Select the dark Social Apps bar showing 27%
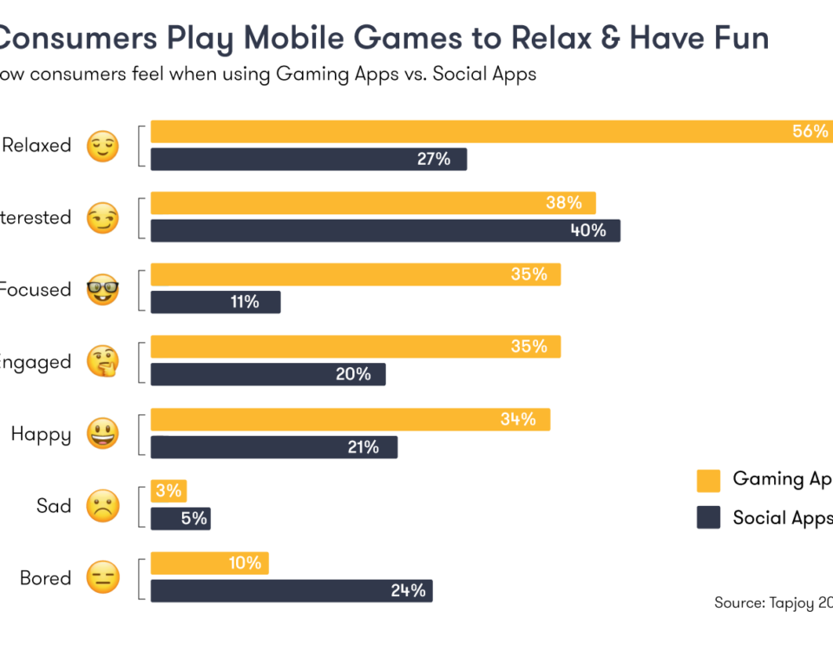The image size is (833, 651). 308,160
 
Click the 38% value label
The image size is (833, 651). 564,203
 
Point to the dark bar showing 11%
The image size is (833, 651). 215,302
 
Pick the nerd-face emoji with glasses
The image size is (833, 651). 102,290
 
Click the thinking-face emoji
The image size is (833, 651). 102,361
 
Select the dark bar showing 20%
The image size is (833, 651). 267,374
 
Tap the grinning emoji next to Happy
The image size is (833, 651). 102,433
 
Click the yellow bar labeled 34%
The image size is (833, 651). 350,420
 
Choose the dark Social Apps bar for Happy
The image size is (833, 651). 273,447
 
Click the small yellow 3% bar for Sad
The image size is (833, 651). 168,491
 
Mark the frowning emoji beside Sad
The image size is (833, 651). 102,505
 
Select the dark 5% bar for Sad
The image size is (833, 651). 180,519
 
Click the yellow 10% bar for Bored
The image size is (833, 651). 209,563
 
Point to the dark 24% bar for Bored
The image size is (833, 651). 291,591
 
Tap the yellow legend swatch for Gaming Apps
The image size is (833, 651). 708,480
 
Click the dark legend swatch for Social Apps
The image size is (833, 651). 708,518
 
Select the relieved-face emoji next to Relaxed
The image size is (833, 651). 102,147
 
